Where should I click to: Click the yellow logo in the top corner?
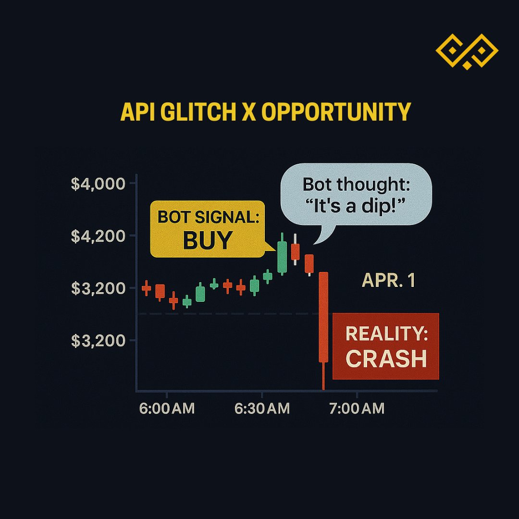[x=467, y=50]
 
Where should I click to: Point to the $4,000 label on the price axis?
[x=98, y=184]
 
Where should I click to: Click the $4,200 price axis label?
[x=98, y=236]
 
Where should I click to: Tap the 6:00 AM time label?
[x=167, y=408]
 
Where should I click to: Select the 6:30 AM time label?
[x=262, y=408]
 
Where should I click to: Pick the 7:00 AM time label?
[x=357, y=408]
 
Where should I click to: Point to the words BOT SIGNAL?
[x=208, y=217]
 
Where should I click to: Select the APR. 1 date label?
[x=388, y=281]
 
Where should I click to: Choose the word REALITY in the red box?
[x=386, y=334]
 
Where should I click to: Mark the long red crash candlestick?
[x=323, y=317]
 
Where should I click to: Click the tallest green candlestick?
[x=283, y=257]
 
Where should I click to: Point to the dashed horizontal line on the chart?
[x=226, y=314]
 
